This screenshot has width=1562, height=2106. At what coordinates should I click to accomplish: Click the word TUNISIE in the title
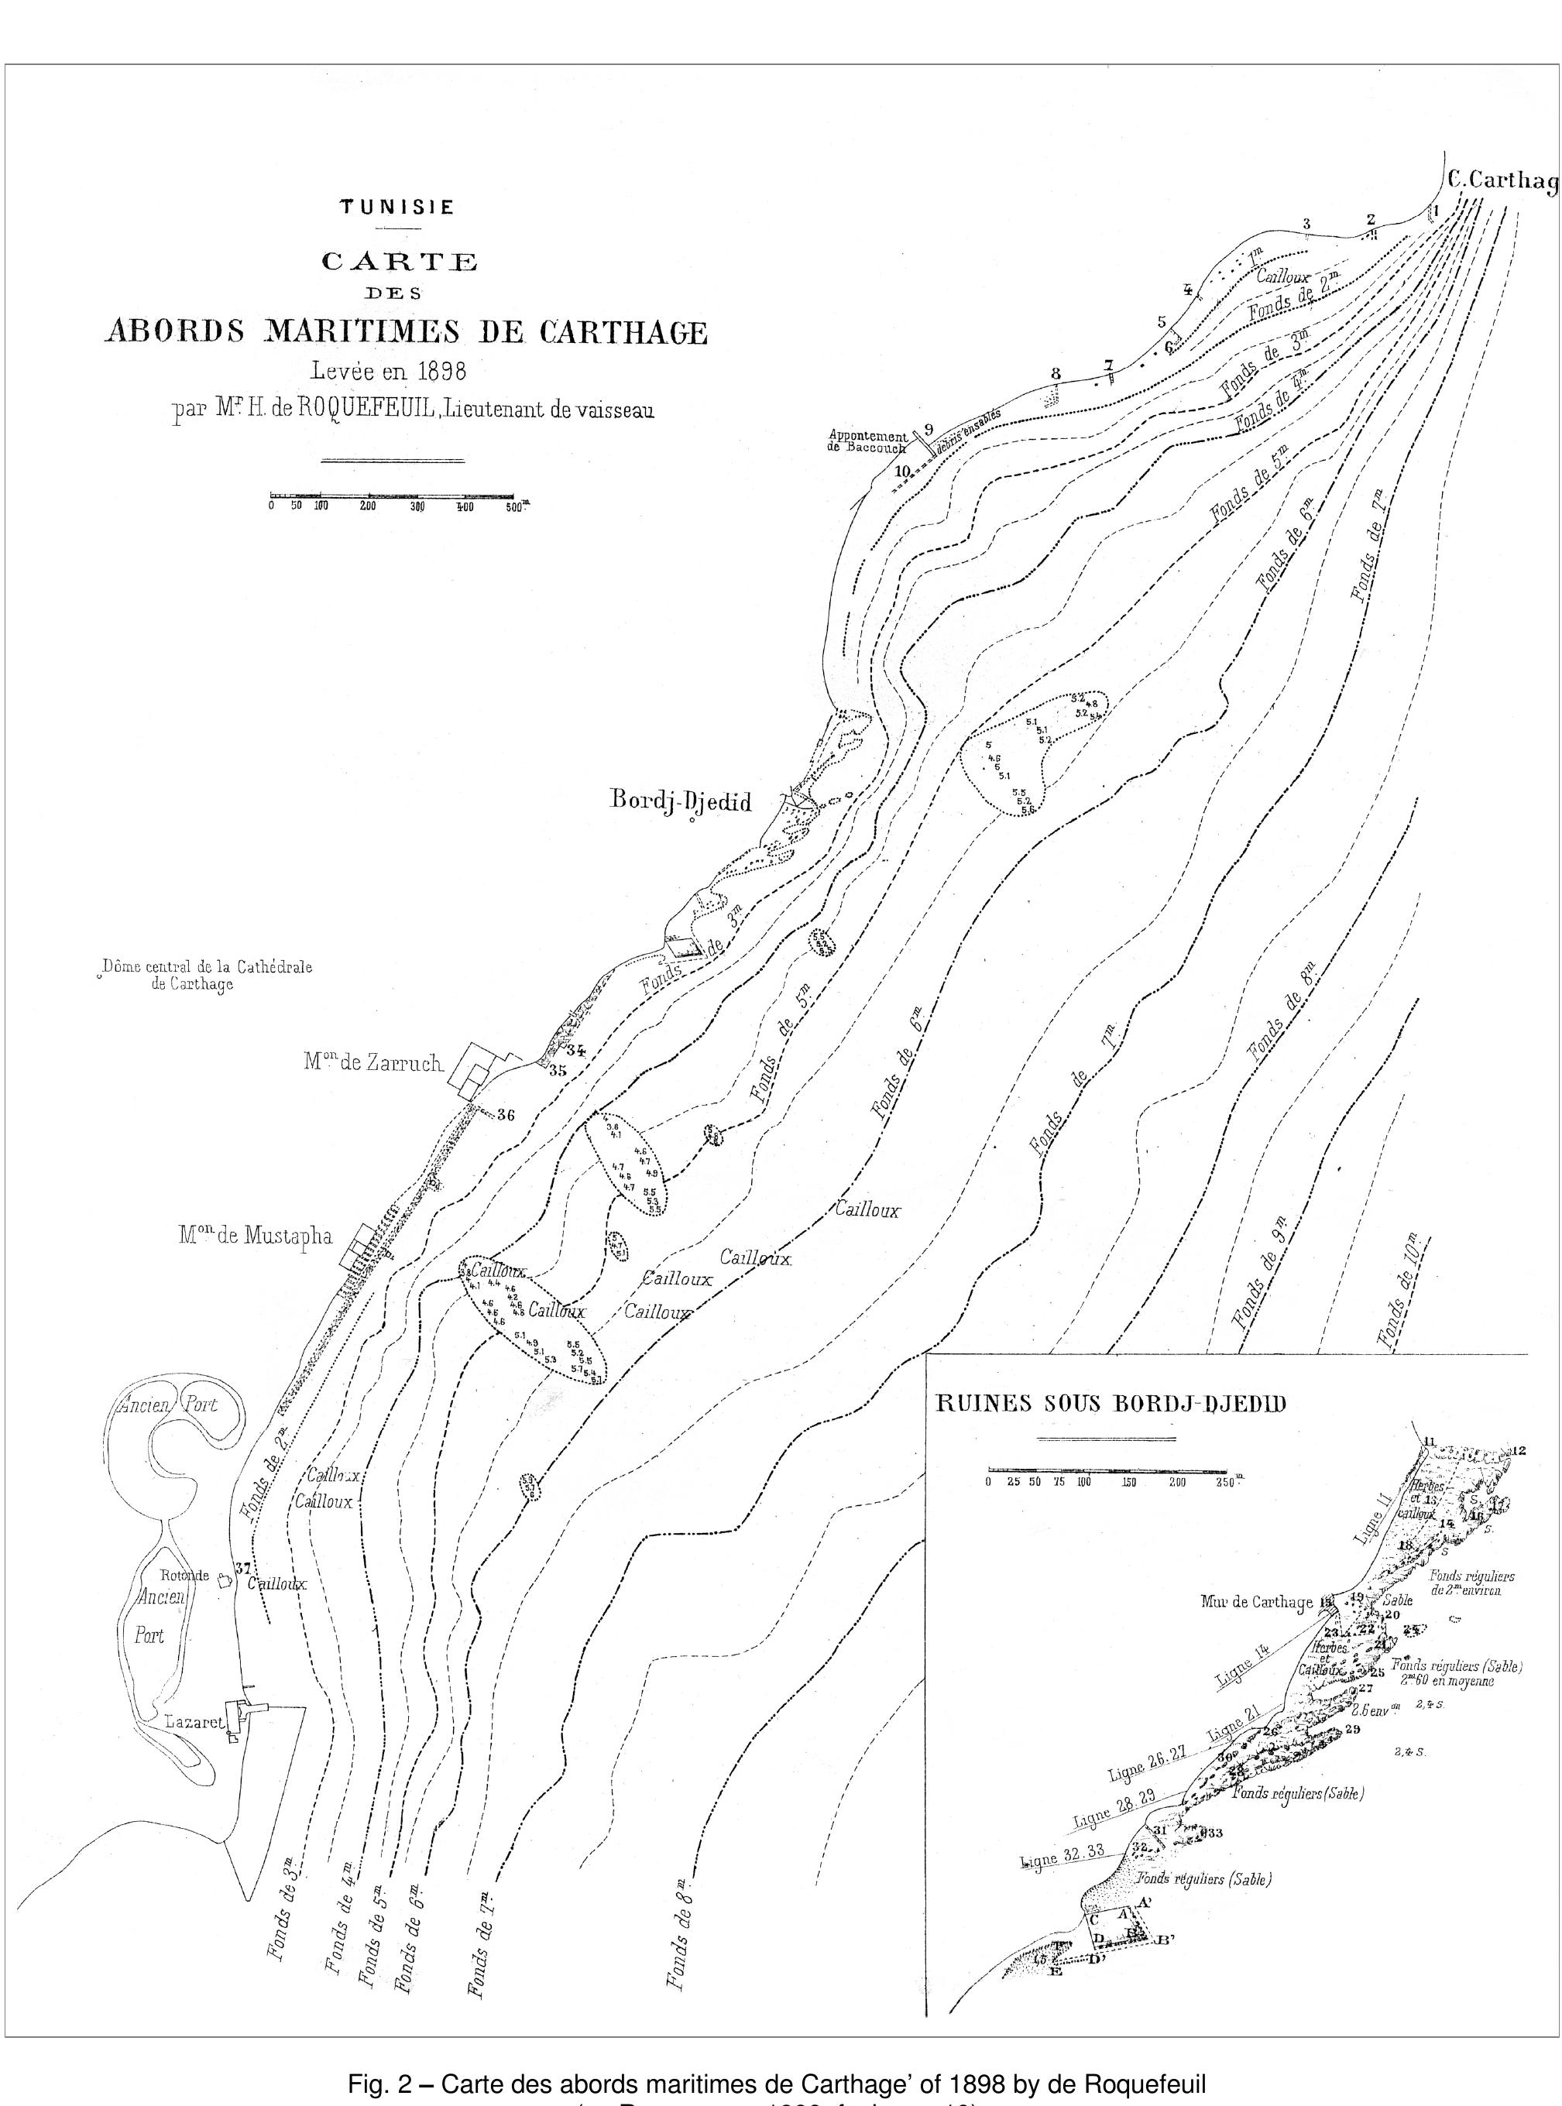tap(397, 207)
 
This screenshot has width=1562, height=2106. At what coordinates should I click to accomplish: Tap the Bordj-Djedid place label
tap(681, 801)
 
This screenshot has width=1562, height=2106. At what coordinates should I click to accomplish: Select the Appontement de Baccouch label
tap(868, 441)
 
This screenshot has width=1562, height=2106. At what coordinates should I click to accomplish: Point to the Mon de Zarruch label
tap(372, 1062)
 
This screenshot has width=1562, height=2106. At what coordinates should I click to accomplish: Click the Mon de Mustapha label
tap(256, 1236)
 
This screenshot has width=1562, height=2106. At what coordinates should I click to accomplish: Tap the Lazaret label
tap(194, 1722)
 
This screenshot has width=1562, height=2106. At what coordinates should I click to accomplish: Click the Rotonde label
tap(184, 1576)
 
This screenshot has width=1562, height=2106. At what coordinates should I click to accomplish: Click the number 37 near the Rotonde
tap(242, 1567)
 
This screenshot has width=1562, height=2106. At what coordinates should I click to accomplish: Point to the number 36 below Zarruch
tap(506, 1116)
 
